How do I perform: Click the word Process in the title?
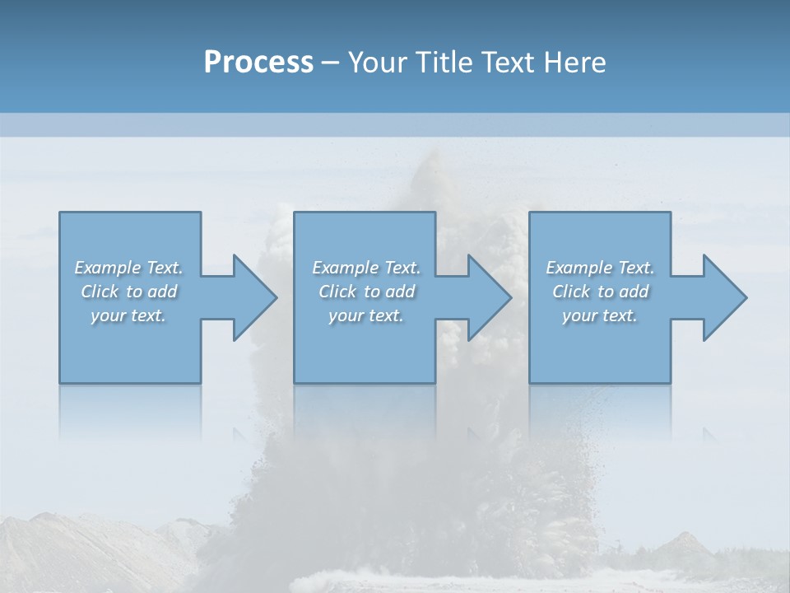click(x=258, y=63)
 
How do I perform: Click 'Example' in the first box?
click(x=107, y=268)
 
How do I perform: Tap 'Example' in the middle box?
click(x=345, y=268)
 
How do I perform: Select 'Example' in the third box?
click(x=579, y=268)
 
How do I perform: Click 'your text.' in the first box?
click(x=128, y=315)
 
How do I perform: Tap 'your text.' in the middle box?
click(x=366, y=315)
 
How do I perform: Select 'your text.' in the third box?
click(x=600, y=315)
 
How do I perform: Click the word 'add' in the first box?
click(x=162, y=292)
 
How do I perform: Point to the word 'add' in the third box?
click(x=634, y=292)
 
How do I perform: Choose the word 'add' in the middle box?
click(x=400, y=292)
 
